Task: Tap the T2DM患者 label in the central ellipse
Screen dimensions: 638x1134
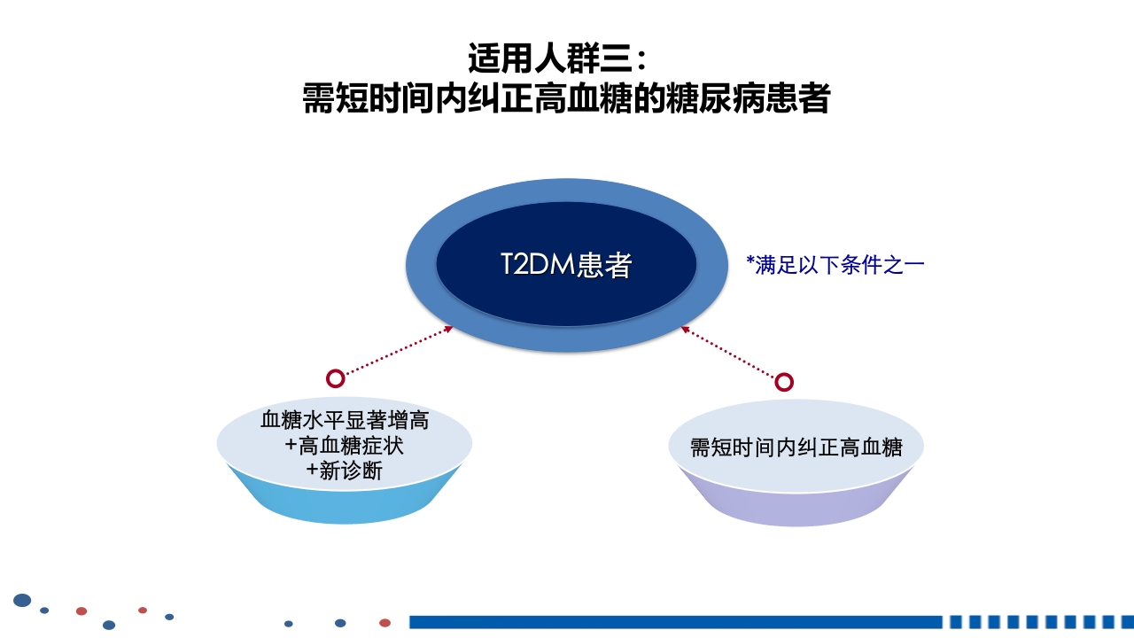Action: coord(566,265)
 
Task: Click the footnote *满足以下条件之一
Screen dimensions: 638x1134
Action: coord(835,265)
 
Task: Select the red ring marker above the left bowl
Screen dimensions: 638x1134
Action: coord(335,378)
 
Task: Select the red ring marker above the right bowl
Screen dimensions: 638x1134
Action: coord(784,382)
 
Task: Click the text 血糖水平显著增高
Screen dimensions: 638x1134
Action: coord(345,419)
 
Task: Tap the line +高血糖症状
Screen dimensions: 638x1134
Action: coord(345,445)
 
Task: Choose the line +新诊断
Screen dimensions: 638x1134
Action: coord(345,471)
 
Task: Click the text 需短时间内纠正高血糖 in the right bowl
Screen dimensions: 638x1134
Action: coord(796,447)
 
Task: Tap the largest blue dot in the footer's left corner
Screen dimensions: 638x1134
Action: coord(22,601)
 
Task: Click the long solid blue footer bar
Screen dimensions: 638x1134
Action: coord(673,622)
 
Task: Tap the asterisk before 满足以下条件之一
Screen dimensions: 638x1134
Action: coord(750,261)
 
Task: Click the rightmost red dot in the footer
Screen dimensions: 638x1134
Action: coord(384,623)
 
